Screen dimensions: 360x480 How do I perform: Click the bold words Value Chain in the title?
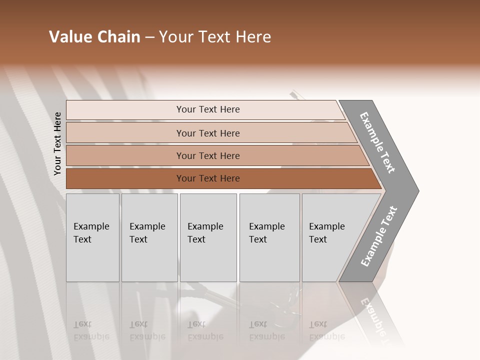94,37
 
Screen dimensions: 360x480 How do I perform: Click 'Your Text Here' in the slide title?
215,37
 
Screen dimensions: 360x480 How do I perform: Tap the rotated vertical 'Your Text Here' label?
57,144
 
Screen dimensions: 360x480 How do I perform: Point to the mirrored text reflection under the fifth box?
326,330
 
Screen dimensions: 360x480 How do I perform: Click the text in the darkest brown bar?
208,178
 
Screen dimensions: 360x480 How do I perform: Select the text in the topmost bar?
208,109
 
